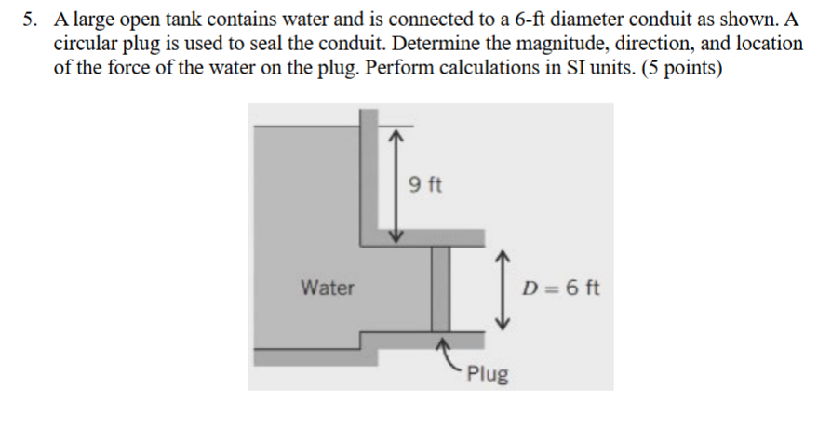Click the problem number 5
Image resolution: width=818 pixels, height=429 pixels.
pos(28,19)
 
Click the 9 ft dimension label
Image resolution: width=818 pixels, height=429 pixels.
pos(426,183)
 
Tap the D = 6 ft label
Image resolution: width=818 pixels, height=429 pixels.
pos(562,288)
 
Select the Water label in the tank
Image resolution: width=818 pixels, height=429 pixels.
pos(328,288)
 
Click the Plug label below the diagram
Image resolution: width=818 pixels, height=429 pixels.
pos(488,375)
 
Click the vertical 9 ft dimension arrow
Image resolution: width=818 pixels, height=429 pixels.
pos(396,185)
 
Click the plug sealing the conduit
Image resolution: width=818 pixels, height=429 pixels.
pos(440,288)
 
